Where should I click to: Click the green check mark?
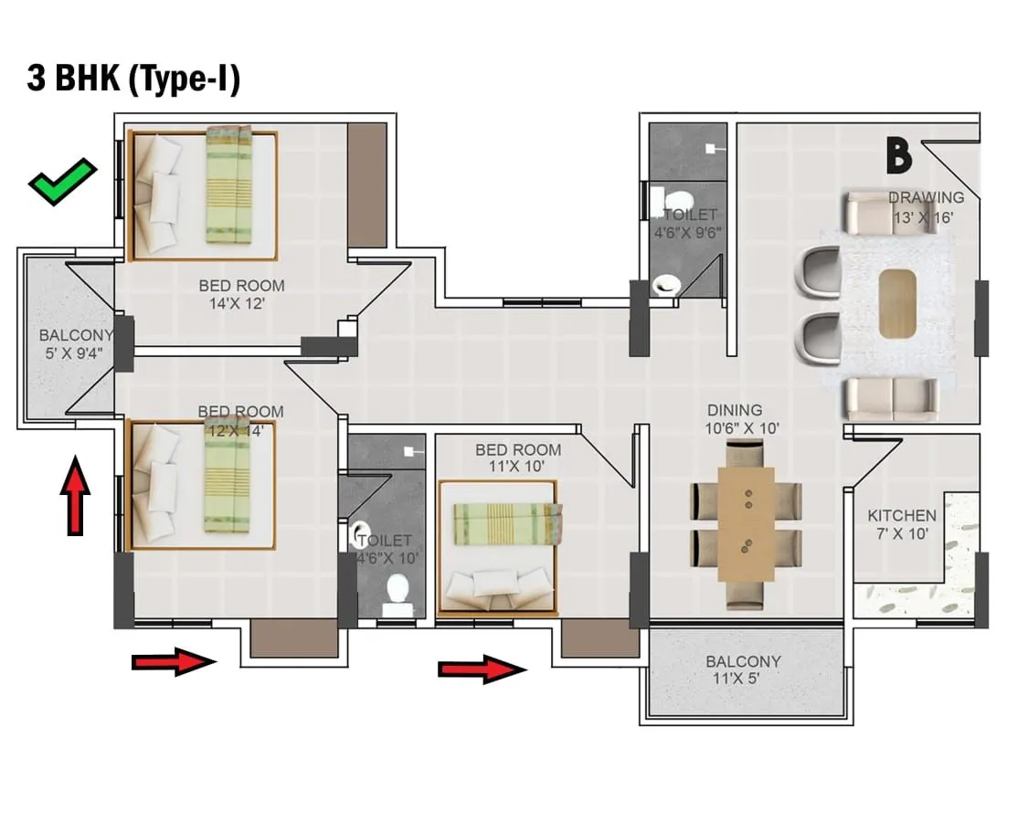[x=61, y=181]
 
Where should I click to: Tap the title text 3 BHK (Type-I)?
[x=133, y=79]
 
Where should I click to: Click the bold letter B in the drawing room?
[x=898, y=156]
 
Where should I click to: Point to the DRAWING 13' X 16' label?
[x=925, y=207]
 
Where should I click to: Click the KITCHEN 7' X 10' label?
[x=901, y=524]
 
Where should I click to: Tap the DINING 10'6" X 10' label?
[x=741, y=419]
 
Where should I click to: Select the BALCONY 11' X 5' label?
[x=743, y=670]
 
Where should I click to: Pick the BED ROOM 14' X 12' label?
[x=241, y=295]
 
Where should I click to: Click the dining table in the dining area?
[x=746, y=524]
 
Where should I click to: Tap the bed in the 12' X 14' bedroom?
[x=203, y=484]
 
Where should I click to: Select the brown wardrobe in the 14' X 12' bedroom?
[x=367, y=184]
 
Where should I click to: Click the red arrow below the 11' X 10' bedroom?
[x=482, y=669]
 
